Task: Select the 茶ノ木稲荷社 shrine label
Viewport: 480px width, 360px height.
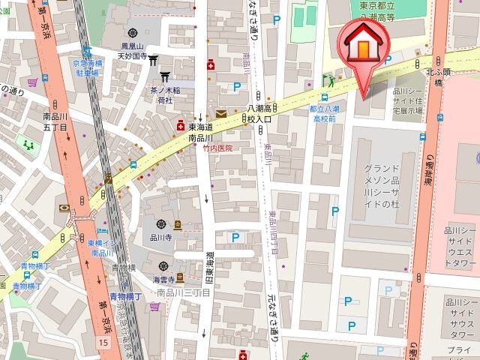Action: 159,94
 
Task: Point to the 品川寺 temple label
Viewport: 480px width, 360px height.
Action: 161,237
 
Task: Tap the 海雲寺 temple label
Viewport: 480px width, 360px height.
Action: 164,279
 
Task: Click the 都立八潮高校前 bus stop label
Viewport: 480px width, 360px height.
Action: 324,113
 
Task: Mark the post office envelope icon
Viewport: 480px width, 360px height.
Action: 220,113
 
